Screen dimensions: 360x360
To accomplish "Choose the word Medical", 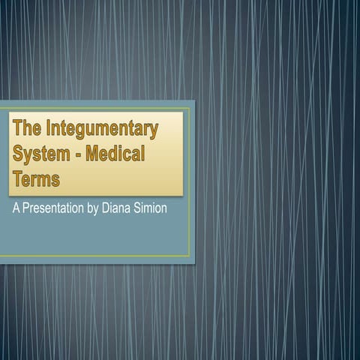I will point(115,155).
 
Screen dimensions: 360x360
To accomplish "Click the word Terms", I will point(36,180).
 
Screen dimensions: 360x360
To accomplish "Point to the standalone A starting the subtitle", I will point(14,208).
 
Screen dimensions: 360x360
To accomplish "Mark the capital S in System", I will point(18,155).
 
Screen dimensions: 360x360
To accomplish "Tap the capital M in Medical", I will point(92,155).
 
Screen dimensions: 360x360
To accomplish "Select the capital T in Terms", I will point(17,180).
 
